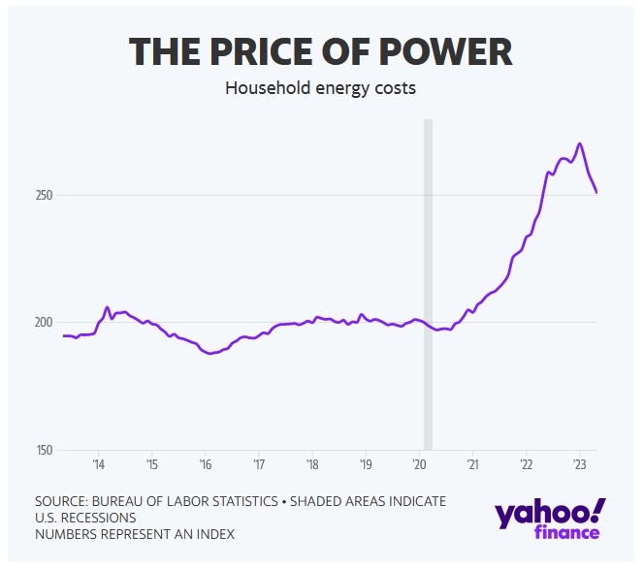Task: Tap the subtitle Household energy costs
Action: click(x=320, y=88)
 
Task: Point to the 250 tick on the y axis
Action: click(x=43, y=195)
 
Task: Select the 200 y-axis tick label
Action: click(x=43, y=322)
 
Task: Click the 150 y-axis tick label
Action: click(x=43, y=450)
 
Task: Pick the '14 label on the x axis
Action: click(x=99, y=463)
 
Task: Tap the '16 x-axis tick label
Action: click(x=206, y=463)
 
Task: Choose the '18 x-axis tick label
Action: click(x=312, y=463)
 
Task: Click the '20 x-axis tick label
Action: click(x=419, y=463)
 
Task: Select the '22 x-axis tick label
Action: click(x=525, y=463)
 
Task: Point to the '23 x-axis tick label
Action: click(x=578, y=463)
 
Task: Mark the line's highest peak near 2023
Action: click(x=579, y=144)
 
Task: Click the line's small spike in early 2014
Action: click(x=108, y=307)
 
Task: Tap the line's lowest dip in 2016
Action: click(x=210, y=354)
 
